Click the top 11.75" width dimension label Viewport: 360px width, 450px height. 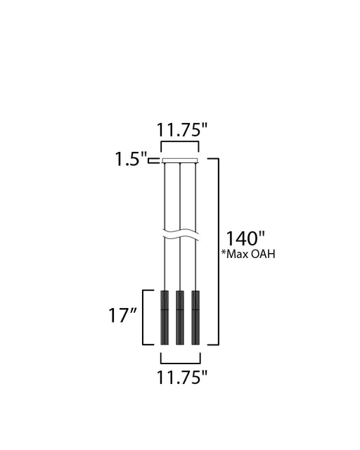pos(181,130)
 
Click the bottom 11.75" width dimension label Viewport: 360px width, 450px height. pos(181,378)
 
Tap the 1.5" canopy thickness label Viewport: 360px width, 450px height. pos(131,159)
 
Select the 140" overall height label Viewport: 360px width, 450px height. pos(245,238)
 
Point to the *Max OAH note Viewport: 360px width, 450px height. pos(248,254)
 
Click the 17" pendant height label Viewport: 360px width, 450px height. pos(122,315)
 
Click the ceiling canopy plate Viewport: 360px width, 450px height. pos(180,160)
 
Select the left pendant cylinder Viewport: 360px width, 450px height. pos(165,317)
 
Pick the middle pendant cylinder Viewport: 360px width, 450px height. pos(180,317)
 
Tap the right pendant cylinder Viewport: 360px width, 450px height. pos(195,317)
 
